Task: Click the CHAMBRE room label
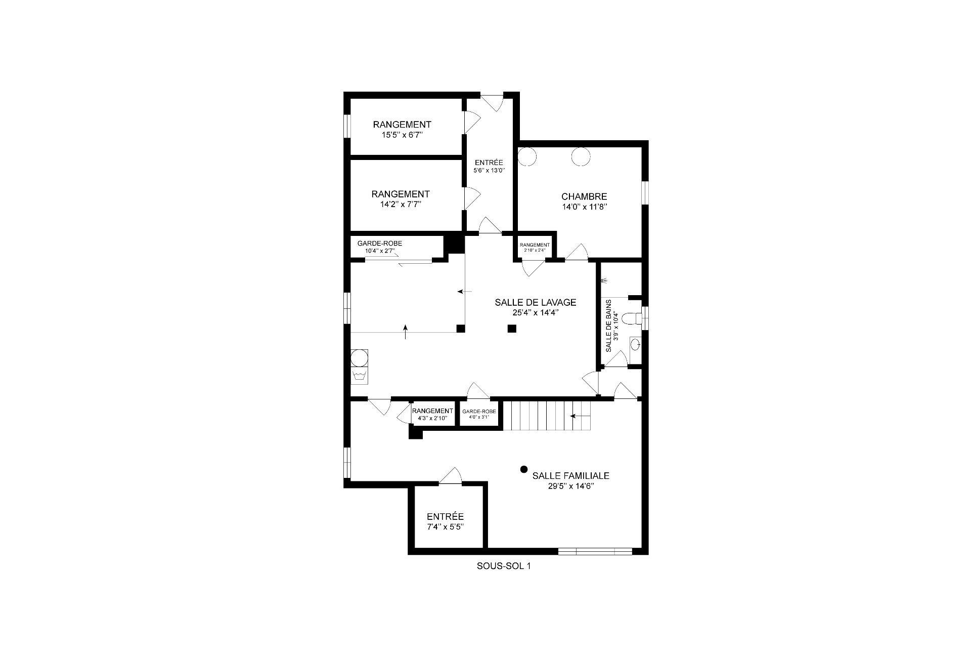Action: (584, 196)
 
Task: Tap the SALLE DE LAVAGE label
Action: (535, 302)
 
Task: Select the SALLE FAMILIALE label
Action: (570, 476)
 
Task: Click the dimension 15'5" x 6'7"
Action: (402, 135)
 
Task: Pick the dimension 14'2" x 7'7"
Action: (401, 205)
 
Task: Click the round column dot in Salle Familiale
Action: (524, 469)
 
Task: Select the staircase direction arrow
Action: (580, 416)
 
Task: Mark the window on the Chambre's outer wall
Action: (645, 193)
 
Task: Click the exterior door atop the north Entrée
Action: (491, 101)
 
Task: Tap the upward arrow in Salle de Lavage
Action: (406, 332)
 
